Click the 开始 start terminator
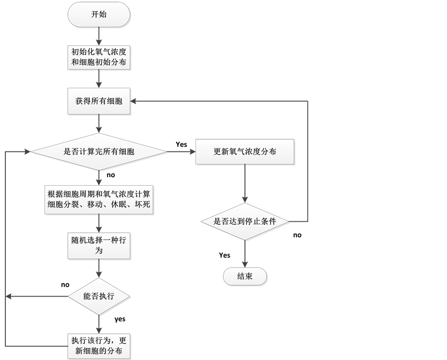[99, 14]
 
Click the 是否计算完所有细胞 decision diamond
[99, 152]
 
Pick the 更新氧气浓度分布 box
[245, 152]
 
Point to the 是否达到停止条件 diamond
[245, 221]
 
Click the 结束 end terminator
[245, 276]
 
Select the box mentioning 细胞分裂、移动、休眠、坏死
[99, 200]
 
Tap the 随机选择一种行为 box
[99, 245]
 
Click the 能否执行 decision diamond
[99, 296]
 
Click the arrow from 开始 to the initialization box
[99, 36]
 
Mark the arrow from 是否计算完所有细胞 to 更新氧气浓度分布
[181, 152]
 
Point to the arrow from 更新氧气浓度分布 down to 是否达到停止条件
[245, 183]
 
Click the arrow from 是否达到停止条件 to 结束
[245, 255]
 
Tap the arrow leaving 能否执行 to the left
[37, 296]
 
